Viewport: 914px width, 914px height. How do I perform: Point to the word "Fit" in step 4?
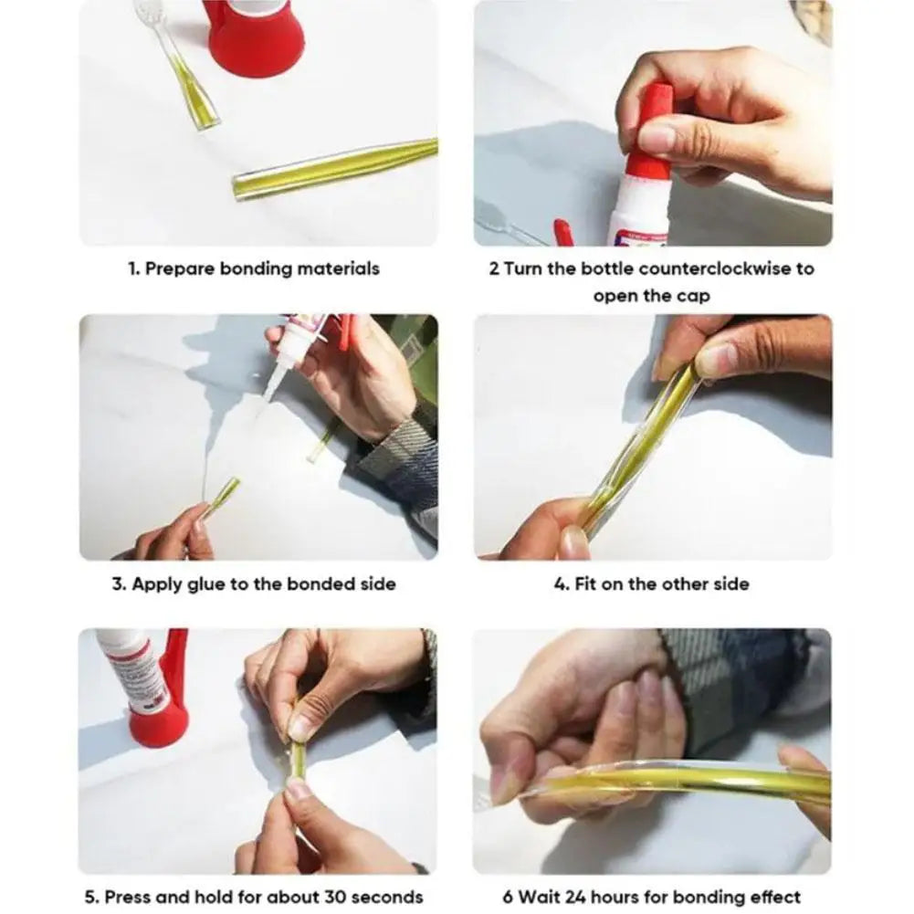(585, 583)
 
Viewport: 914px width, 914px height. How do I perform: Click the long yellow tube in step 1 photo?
(334, 168)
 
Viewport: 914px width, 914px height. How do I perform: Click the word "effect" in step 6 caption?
(773, 897)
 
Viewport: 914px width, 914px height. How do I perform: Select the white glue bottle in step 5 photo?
(127, 671)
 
